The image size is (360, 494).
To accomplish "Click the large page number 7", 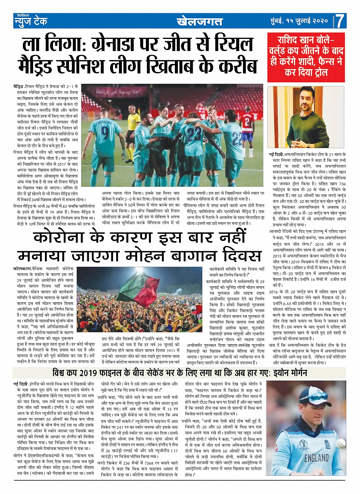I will [x=340, y=21].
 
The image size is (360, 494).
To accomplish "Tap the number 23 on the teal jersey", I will [x=194, y=134].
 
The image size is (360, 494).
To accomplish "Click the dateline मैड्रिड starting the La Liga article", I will [x=18, y=86].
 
